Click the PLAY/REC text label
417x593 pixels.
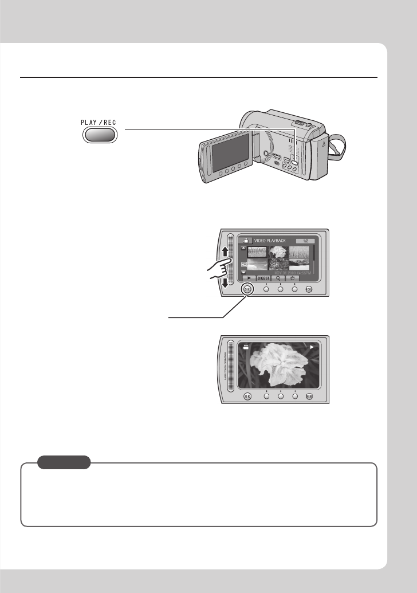pyautogui.click(x=98, y=123)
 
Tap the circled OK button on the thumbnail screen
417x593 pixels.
pyautogui.click(x=247, y=289)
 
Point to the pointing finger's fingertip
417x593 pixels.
pyautogui.click(x=230, y=261)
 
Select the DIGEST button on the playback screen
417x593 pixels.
pyautogui.click(x=263, y=277)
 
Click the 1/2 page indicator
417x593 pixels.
pyautogui.click(x=305, y=241)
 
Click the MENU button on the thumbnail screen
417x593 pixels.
pyautogui.click(x=309, y=289)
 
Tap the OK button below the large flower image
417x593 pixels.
pyautogui.click(x=247, y=395)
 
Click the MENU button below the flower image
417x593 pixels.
pyautogui.click(x=309, y=395)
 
